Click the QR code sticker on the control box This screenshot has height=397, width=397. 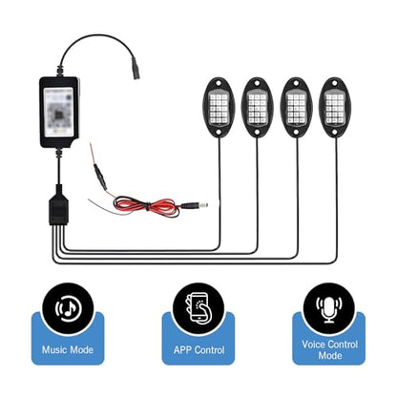pos(59,112)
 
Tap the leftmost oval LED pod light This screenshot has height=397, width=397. pos(219,107)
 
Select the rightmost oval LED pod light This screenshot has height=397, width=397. pos(335,107)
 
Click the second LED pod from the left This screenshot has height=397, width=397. pos(257,107)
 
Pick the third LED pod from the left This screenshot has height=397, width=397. pos(296,107)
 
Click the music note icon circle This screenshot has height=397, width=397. pos(68,308)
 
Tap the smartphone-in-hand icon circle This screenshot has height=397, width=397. pos(198,308)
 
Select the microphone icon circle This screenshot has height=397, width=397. pos(329,308)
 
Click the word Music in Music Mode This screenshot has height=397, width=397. pos(54,350)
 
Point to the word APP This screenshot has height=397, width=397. pos(183,350)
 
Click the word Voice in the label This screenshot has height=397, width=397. pos(314,345)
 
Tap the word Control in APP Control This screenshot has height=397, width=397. pos(210,350)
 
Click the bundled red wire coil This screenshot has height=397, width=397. pos(145,206)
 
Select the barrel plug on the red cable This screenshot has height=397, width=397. pos(195,205)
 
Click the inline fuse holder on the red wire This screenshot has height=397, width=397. pos(100,178)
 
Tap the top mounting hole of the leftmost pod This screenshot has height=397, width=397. pos(219,83)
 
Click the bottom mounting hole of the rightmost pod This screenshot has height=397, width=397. pos(335,132)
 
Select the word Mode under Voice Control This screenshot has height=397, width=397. pos(330,355)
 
